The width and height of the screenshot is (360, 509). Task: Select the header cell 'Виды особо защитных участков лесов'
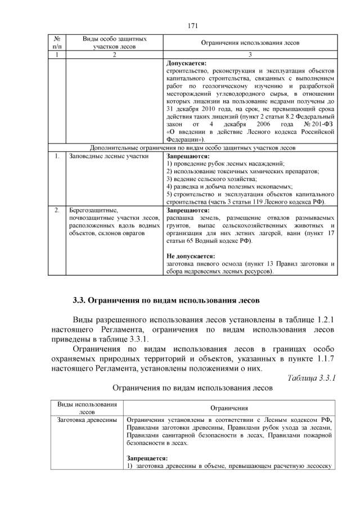pyautogui.click(x=115, y=43)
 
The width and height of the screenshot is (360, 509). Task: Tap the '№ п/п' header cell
pyautogui.click(x=57, y=43)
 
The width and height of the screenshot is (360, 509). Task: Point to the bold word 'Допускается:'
pyautogui.click(x=187, y=63)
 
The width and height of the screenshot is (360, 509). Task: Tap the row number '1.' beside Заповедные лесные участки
pyautogui.click(x=57, y=156)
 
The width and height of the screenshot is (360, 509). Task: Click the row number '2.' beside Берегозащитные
pyautogui.click(x=57, y=210)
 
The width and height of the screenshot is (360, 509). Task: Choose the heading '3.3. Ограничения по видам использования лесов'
pyautogui.click(x=166, y=298)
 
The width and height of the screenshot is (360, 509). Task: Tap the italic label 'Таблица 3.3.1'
pyautogui.click(x=311, y=377)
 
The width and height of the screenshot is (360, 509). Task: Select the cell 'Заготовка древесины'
pyautogui.click(x=87, y=420)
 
